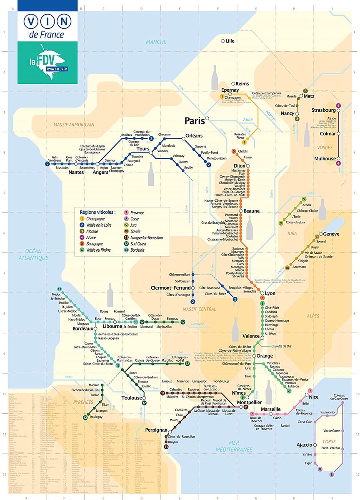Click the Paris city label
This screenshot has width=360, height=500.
(x=195, y=120)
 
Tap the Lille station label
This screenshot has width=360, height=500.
(x=230, y=41)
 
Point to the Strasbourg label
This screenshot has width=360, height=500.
(x=323, y=110)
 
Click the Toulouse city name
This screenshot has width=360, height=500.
(x=131, y=398)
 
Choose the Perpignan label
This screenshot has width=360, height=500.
(x=156, y=430)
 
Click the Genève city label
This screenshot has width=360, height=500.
(x=331, y=234)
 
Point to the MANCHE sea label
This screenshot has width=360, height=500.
(x=156, y=42)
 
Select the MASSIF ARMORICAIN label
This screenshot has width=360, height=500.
(x=74, y=124)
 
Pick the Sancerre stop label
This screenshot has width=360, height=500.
(x=201, y=147)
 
